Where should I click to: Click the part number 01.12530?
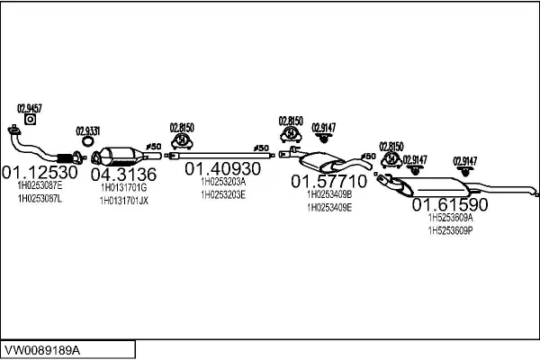tap(40, 170)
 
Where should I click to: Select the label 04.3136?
tap(123, 174)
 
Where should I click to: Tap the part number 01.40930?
tap(222, 168)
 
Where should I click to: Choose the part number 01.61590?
tap(449, 204)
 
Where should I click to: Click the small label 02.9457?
tap(30, 108)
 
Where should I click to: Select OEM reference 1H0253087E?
tap(40, 185)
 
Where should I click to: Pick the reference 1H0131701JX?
tap(123, 201)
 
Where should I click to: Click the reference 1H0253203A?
tap(222, 182)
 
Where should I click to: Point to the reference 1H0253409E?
tap(329, 207)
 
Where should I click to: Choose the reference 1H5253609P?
tap(450, 230)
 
